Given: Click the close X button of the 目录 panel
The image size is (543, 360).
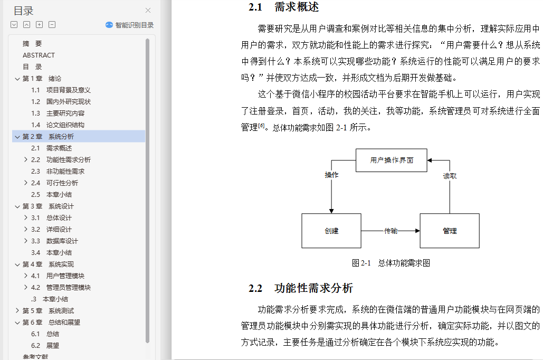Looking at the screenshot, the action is click(x=148, y=11).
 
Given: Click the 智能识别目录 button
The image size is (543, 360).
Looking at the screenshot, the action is click(x=129, y=25).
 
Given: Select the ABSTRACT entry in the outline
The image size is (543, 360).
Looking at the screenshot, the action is click(x=39, y=55).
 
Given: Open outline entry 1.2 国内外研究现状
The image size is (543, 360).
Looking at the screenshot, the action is click(x=61, y=101).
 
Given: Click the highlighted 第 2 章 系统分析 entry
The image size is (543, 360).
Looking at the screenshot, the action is click(x=48, y=137).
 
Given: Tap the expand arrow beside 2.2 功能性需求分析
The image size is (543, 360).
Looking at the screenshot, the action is click(x=26, y=159).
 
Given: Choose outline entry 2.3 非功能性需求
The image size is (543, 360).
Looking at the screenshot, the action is click(x=58, y=171).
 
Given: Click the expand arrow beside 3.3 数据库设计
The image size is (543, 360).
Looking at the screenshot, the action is click(x=26, y=241).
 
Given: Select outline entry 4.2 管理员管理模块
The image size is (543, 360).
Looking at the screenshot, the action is click(x=61, y=287).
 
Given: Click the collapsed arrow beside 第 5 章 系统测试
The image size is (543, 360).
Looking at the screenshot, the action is click(x=17, y=310).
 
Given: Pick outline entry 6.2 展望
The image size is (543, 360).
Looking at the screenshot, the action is click(x=45, y=345).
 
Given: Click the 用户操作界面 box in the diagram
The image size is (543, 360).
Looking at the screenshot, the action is click(x=392, y=160).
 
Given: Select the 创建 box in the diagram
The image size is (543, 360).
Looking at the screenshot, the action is click(x=331, y=231).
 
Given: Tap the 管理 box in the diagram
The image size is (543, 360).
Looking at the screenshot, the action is click(x=450, y=231).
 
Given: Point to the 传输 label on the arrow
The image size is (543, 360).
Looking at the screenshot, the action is click(x=390, y=231).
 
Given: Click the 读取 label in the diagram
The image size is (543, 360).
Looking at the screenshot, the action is click(x=450, y=176).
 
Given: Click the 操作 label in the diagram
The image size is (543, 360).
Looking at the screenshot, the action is click(x=331, y=175).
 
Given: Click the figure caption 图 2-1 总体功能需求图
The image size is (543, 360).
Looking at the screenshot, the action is click(x=391, y=263).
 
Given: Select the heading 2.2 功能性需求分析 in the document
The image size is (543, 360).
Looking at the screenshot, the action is click(x=301, y=288).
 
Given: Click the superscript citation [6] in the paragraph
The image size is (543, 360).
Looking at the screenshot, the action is click(x=261, y=125).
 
